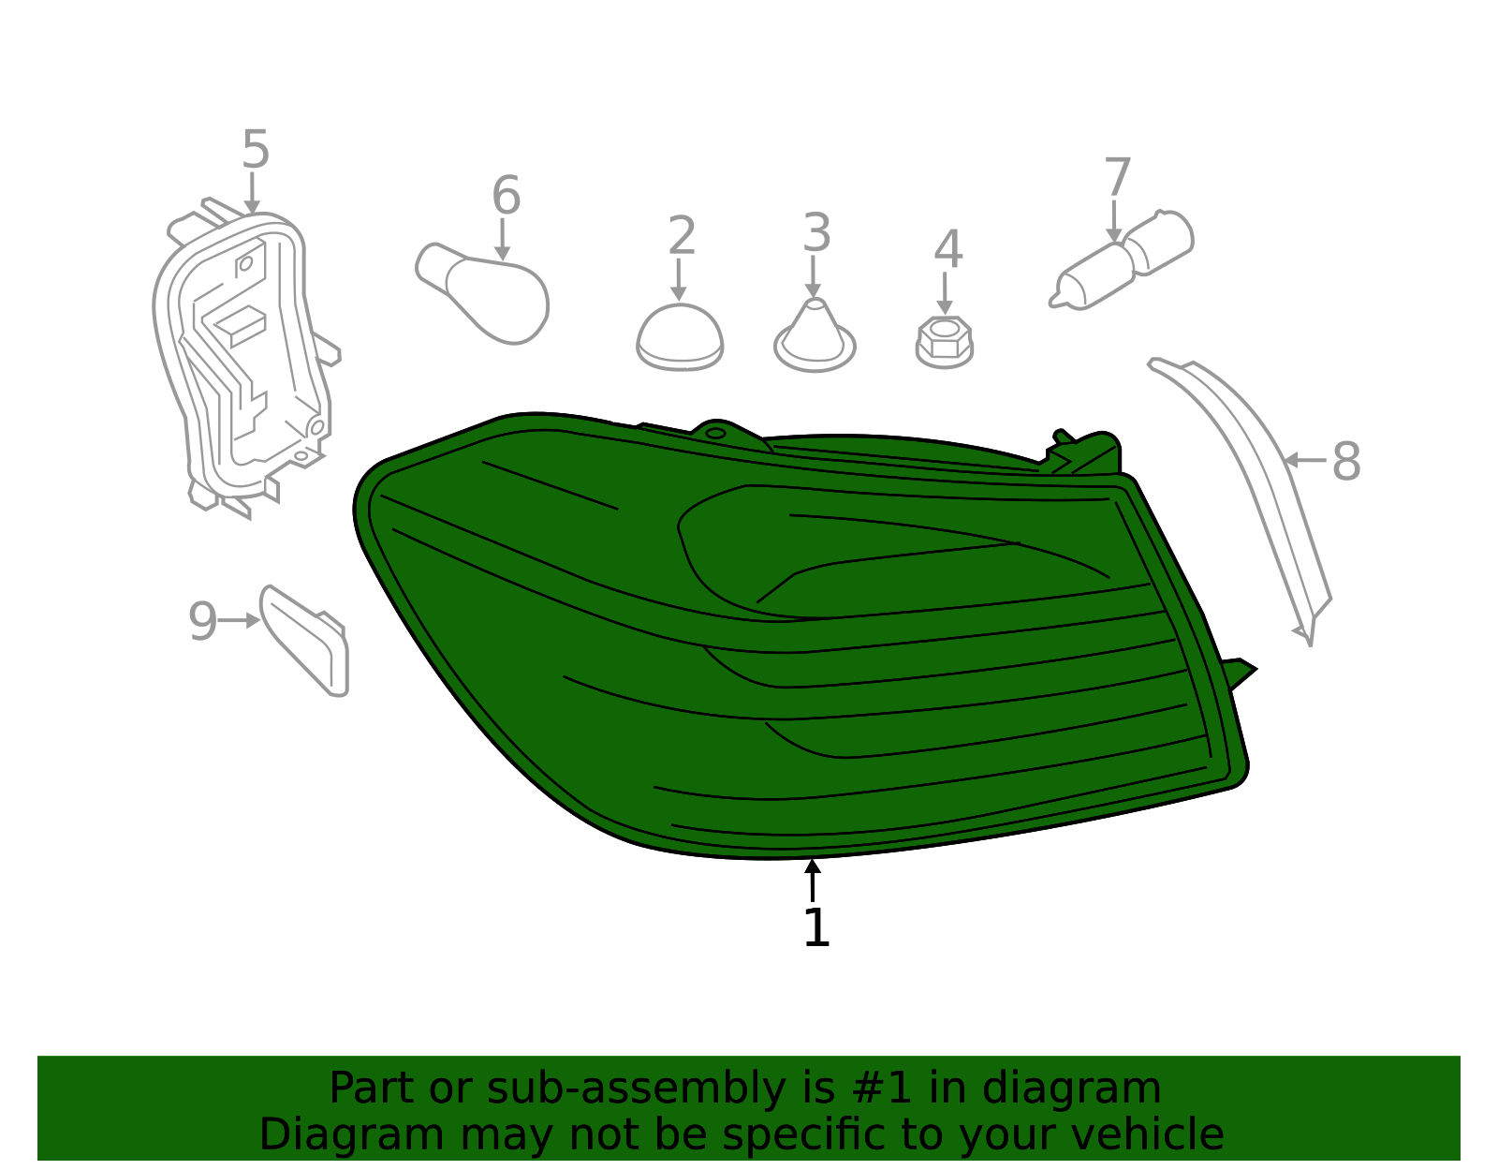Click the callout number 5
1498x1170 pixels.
tap(255, 149)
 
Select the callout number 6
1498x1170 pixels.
tap(506, 195)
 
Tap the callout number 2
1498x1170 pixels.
tap(682, 235)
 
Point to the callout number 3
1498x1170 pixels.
tap(817, 232)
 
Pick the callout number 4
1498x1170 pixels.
tap(947, 249)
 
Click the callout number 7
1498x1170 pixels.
tap(1118, 177)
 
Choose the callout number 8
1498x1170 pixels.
tap(1346, 461)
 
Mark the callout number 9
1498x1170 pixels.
tap(202, 621)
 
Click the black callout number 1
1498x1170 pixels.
tap(817, 927)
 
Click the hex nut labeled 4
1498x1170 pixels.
tap(945, 343)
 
